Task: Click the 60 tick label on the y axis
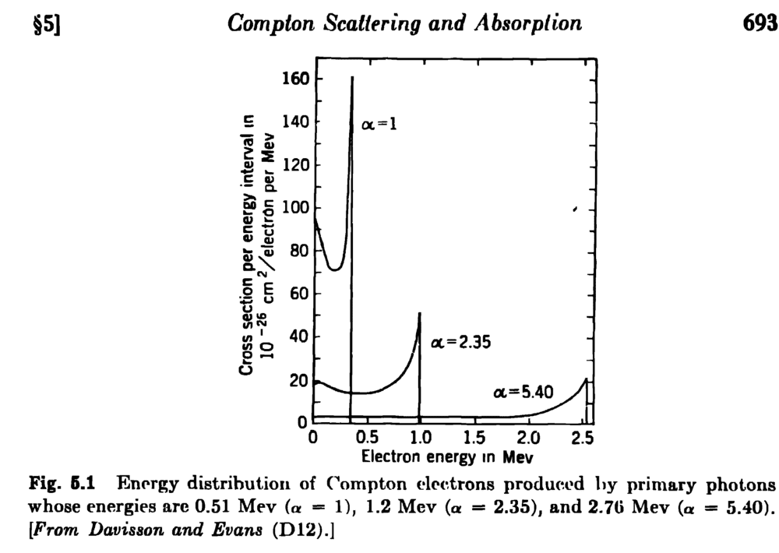point(299,294)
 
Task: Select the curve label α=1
point(379,124)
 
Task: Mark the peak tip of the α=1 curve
point(352,77)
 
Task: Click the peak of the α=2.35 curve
point(420,313)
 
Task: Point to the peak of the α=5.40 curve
point(586,379)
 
